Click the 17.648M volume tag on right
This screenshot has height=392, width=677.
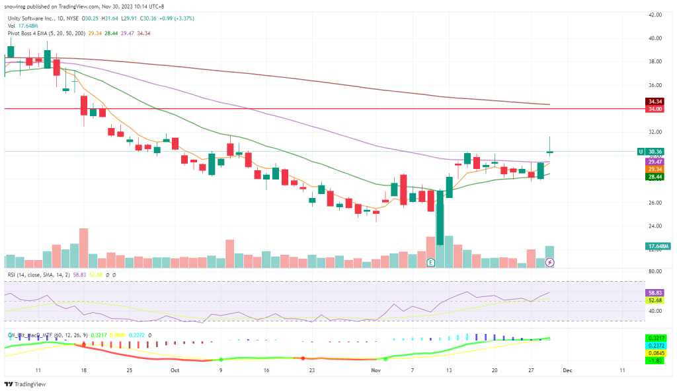[x=657, y=246]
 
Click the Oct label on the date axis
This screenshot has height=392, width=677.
[x=174, y=371]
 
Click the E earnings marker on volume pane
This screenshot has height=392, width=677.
[x=431, y=263]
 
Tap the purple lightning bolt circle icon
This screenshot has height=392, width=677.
[x=549, y=263]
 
